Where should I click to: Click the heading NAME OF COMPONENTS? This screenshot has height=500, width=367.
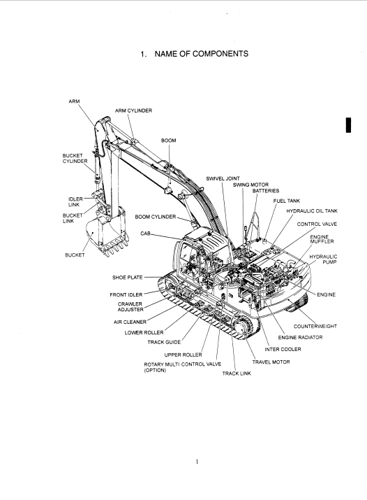click(x=202, y=54)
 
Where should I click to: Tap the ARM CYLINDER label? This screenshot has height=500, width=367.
click(x=133, y=110)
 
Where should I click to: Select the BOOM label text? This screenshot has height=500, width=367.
click(x=169, y=141)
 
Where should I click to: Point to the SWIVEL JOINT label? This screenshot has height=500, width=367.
click(x=223, y=178)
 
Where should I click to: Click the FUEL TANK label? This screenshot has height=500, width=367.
click(x=287, y=201)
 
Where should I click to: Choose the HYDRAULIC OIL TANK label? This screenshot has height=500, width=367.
click(x=312, y=210)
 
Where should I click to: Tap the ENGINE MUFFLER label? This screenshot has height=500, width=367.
click(x=322, y=239)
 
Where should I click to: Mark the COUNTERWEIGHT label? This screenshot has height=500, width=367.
click(x=315, y=326)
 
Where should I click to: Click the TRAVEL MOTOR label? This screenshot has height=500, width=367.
click(x=271, y=362)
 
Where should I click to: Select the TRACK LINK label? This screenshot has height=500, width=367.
click(x=237, y=373)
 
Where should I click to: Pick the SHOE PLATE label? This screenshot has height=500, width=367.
click(x=127, y=278)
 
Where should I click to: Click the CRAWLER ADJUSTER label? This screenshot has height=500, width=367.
click(x=130, y=307)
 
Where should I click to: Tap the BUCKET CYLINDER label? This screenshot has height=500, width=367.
click(x=75, y=159)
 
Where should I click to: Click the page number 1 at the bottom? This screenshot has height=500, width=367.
click(x=197, y=462)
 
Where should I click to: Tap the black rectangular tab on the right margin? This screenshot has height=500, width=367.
click(x=349, y=125)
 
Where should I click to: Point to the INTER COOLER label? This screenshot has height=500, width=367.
click(x=283, y=349)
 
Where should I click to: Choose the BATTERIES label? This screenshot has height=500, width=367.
click(x=266, y=191)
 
